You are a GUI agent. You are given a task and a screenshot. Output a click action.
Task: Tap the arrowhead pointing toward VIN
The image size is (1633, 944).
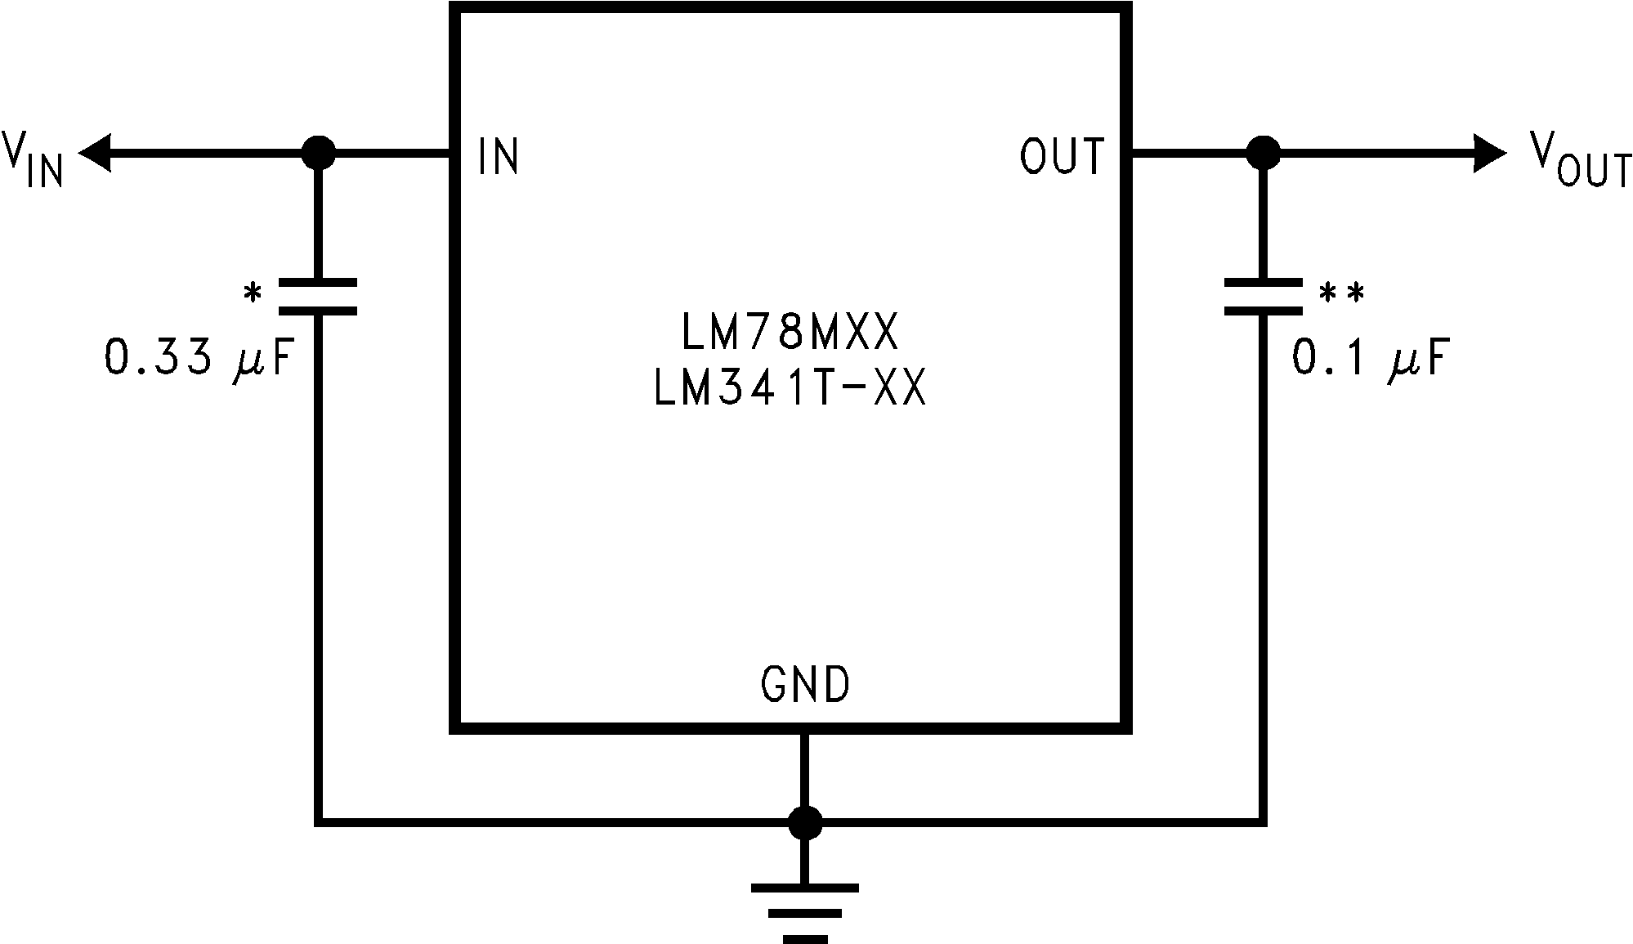click(94, 153)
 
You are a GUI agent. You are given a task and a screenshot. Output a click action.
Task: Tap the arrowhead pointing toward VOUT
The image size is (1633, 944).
click(1489, 153)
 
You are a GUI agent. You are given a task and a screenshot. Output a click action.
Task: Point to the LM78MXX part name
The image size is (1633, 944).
click(789, 333)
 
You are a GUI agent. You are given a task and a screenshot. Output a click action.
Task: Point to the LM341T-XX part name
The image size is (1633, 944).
click(789, 389)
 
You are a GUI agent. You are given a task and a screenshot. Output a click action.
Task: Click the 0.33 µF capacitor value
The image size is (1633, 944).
click(199, 358)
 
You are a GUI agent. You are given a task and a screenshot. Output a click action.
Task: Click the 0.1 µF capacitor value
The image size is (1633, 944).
click(1371, 358)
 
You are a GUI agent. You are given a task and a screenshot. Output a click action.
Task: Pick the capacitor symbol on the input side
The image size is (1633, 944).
click(317, 297)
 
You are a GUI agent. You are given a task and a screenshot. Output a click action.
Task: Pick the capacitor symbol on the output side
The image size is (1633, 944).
click(1263, 297)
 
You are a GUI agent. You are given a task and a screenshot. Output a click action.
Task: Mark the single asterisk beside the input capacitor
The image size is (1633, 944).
click(253, 293)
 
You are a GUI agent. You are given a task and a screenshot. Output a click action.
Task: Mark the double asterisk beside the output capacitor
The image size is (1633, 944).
click(1341, 293)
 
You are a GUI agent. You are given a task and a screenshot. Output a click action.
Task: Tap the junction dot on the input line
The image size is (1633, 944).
click(317, 153)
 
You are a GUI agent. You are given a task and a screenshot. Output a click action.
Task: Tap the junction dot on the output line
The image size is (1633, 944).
click(1263, 153)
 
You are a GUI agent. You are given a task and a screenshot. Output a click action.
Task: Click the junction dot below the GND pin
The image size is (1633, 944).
click(805, 823)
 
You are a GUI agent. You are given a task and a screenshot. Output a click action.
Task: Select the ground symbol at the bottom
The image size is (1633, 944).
click(805, 911)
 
